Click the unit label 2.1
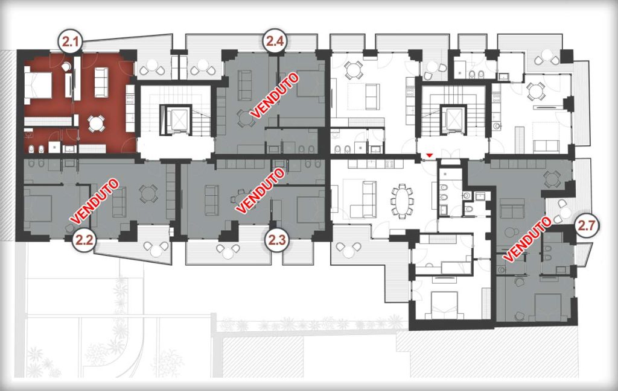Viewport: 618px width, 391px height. [71, 41]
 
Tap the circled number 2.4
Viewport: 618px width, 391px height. [275, 40]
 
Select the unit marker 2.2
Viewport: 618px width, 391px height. [84, 239]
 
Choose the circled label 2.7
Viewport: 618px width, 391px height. [587, 225]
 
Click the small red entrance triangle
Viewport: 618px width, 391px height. [430, 157]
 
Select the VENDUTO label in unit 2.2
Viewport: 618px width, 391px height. [94, 201]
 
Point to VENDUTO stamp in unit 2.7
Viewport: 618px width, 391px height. [527, 239]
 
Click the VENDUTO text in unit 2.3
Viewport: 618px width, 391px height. [260, 191]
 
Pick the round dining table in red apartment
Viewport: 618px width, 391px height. [96, 123]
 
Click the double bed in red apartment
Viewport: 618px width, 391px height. [38, 83]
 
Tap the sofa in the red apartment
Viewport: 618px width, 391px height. [101, 83]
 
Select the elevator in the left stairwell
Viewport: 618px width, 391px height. [176, 120]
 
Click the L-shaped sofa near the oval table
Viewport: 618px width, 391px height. [360, 199]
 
